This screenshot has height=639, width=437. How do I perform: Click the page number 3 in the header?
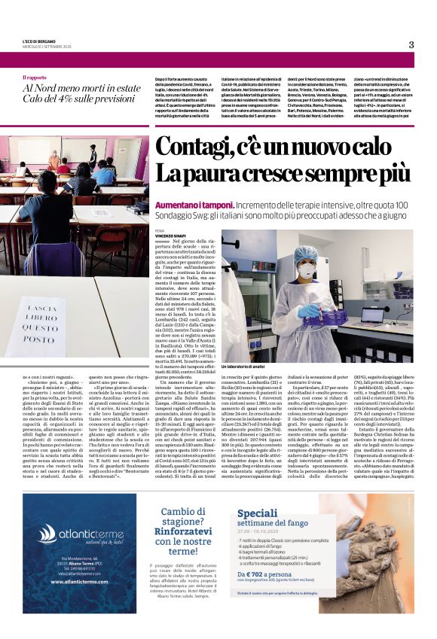[x=411, y=44]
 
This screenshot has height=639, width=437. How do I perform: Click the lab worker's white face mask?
[x=307, y=270]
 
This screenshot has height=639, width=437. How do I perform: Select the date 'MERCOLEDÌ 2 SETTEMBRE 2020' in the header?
[x=47, y=47]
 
